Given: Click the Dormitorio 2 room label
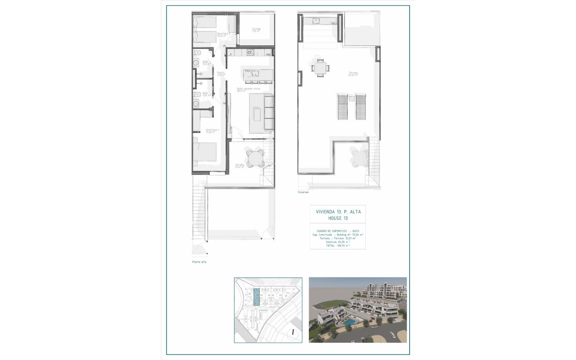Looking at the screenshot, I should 223,34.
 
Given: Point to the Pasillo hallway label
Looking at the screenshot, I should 221,74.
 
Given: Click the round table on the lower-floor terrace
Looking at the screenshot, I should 255,159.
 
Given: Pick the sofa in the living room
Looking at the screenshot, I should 269,112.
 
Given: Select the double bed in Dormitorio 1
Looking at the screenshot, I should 205,152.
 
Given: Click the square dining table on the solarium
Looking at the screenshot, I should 320,68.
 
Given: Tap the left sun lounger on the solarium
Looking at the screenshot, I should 342,106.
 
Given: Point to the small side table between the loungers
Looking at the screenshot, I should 352,99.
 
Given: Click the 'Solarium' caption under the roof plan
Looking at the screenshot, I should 303,192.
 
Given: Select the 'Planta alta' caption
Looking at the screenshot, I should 199,262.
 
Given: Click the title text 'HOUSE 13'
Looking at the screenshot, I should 338,218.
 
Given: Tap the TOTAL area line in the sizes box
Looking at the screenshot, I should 338,245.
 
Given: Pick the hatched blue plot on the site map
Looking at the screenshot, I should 257,297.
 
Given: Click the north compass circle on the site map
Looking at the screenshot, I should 292,332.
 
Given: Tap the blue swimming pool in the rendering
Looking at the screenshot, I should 349,323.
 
